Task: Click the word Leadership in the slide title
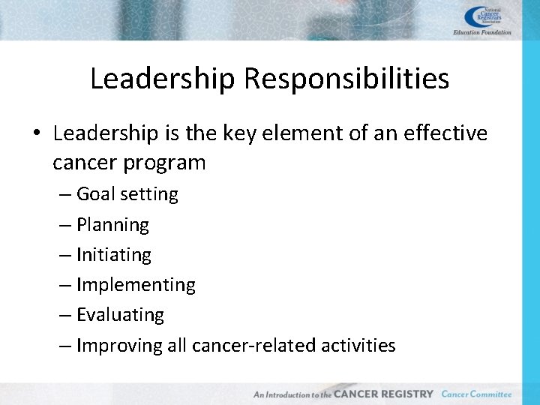pyautogui.click(x=162, y=79)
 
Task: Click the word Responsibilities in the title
pyautogui.click(x=346, y=79)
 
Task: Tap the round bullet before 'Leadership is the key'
pyautogui.click(x=37, y=134)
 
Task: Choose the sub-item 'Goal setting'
pyautogui.click(x=127, y=194)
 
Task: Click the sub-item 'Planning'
pyautogui.click(x=112, y=225)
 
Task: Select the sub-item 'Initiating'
pyautogui.click(x=113, y=255)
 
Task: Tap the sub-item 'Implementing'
pyautogui.click(x=136, y=285)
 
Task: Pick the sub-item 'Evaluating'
pyautogui.click(x=120, y=315)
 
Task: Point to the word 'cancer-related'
pyautogui.click(x=253, y=345)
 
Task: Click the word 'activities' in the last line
pyautogui.click(x=358, y=345)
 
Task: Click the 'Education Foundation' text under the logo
pyautogui.click(x=482, y=32)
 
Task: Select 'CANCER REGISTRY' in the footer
pyautogui.click(x=383, y=394)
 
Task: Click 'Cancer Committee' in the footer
pyautogui.click(x=476, y=394)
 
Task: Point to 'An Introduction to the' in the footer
pyautogui.click(x=292, y=394)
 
